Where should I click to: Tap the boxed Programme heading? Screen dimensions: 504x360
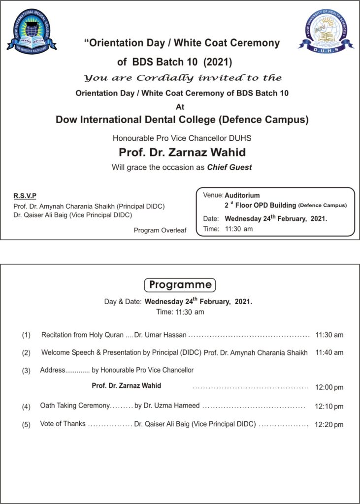(x=180, y=284)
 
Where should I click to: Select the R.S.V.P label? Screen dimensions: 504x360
(x=25, y=196)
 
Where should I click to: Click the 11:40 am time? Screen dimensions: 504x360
(x=329, y=352)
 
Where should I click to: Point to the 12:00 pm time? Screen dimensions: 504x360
(x=329, y=387)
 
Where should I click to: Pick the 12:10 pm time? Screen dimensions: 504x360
(x=329, y=407)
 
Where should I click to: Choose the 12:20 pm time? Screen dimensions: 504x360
(x=329, y=425)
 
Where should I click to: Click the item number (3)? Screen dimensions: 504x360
(x=26, y=371)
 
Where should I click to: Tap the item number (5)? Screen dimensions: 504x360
(x=26, y=425)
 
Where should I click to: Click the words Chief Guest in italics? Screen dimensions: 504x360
(x=229, y=167)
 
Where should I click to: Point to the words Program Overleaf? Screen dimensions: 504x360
(x=160, y=230)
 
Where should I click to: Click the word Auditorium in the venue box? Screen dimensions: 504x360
(x=242, y=195)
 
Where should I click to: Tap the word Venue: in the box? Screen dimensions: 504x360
(x=213, y=195)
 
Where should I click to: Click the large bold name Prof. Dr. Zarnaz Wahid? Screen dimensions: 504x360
(x=182, y=152)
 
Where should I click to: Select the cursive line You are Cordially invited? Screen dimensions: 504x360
(x=183, y=78)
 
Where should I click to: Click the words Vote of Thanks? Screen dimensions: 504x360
(x=63, y=424)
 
